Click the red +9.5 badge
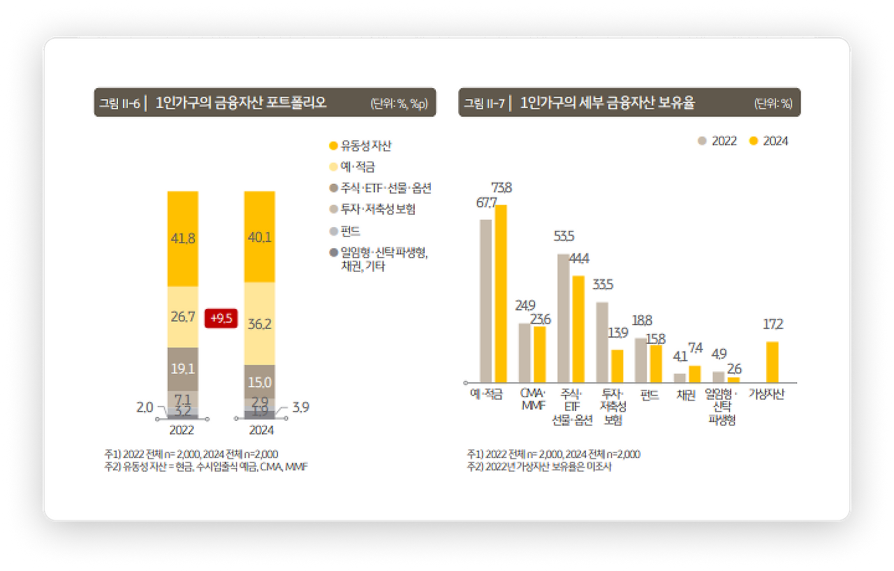click(221, 319)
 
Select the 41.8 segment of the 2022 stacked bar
click(182, 238)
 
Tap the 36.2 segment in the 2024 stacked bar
click(259, 324)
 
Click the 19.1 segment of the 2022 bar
click(182, 368)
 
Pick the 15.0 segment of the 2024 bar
click(259, 382)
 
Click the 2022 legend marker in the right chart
click(703, 141)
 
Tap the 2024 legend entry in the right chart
click(768, 141)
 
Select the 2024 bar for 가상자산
click(772, 362)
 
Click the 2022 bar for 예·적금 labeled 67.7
click(485, 301)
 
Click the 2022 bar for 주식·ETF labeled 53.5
click(563, 318)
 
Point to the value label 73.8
click(501, 187)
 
